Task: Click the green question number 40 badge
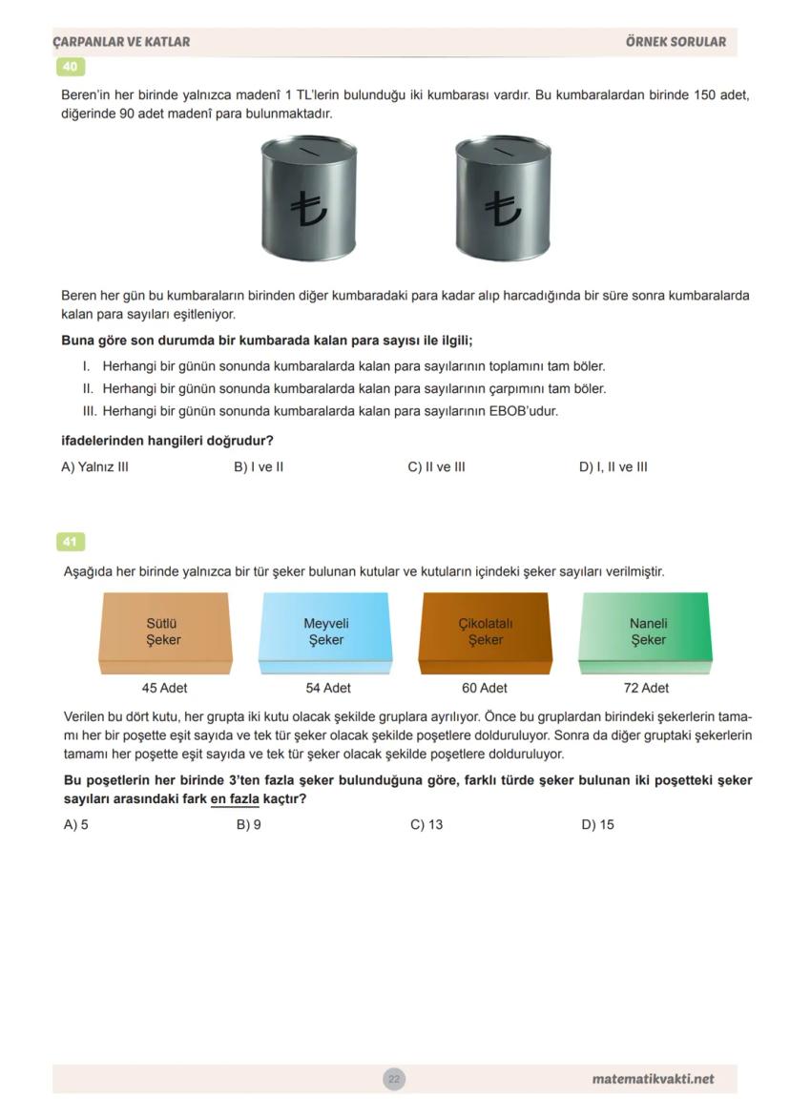71,67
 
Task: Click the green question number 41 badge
71,542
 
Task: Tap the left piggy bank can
309,197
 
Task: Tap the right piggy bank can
503,197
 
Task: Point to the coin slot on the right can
503,150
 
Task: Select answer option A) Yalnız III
94,467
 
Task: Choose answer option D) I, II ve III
613,467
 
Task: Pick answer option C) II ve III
436,467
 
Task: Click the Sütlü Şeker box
164,631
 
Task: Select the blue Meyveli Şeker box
325,631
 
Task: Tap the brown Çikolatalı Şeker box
485,631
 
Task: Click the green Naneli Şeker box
647,631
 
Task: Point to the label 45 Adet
164,688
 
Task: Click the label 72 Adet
646,688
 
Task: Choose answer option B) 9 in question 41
248,825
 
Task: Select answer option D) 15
597,825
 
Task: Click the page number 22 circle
393,1080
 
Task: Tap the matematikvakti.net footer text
653,1080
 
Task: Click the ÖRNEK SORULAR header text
676,42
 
